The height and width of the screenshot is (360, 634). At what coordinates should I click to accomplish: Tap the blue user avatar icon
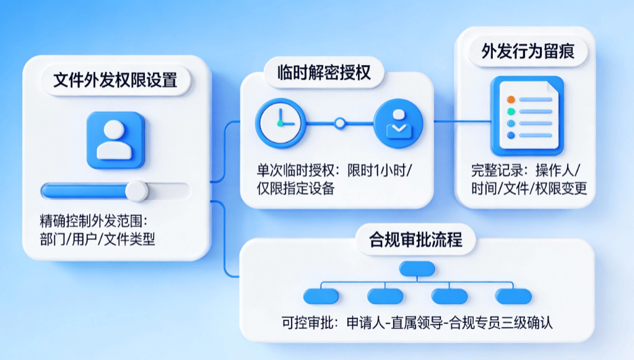[x=116, y=139]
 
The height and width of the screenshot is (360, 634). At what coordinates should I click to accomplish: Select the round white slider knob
[x=137, y=190]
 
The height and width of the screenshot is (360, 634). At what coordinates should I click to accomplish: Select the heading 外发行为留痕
[x=528, y=51]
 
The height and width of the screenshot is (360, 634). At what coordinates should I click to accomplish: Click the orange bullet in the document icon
[x=511, y=99]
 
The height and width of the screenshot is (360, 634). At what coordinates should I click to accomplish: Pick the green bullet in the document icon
[x=511, y=112]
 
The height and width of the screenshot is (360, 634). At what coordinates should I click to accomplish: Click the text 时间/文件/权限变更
[x=529, y=189]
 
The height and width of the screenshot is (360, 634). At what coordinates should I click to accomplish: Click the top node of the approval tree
[x=417, y=268]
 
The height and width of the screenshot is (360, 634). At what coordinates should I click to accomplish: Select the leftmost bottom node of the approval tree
[x=321, y=296]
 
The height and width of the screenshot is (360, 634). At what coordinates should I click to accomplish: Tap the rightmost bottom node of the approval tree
[x=513, y=296]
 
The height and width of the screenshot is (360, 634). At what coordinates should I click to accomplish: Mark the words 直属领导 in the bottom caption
[x=409, y=323]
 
